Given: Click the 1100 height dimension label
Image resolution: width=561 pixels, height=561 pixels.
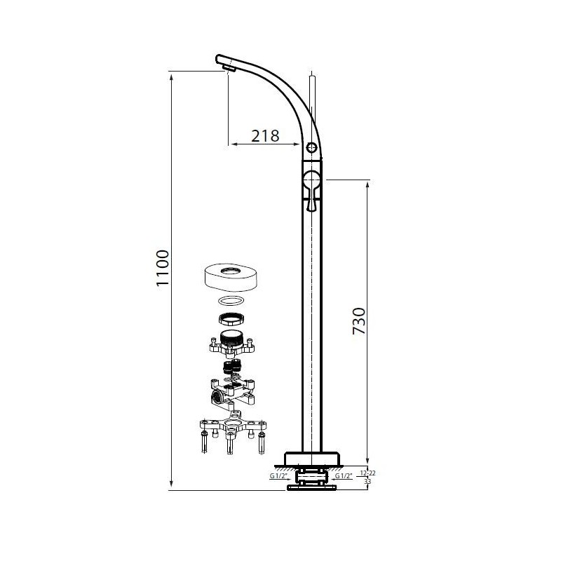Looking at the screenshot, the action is coord(163,268).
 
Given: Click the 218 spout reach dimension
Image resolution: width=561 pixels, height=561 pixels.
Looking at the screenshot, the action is coord(265,136).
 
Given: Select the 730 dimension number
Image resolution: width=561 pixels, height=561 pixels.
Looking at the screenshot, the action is coord(359,321).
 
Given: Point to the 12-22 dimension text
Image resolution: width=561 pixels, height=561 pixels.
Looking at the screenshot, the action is coord(367,473).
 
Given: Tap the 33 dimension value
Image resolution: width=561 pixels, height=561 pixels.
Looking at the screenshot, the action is coord(367,482).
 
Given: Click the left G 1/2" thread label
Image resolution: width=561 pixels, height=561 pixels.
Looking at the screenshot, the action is coord(278,476).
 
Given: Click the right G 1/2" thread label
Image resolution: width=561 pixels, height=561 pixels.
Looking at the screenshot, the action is coord(344,476).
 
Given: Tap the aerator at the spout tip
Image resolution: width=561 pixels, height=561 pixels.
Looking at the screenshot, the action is coord(228,67).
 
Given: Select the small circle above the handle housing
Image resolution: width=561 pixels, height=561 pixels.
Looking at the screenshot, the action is coord(311,147).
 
